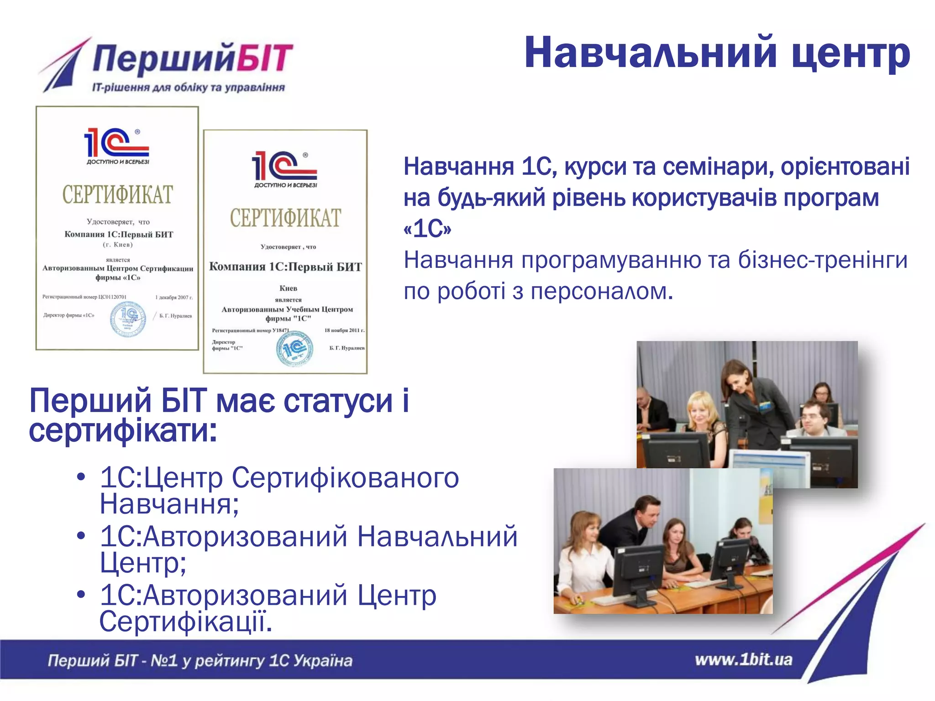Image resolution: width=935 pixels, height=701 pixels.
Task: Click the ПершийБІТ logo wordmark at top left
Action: click(x=192, y=58)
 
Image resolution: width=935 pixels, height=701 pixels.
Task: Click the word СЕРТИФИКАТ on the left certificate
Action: click(x=117, y=195)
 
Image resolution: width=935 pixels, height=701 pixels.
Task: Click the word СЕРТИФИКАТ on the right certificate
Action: click(x=285, y=218)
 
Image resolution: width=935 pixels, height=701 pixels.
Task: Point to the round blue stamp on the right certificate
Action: click(x=294, y=349)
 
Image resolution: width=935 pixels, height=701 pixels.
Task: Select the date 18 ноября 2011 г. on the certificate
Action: click(x=344, y=330)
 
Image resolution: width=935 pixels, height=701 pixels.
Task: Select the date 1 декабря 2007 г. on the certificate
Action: click(x=174, y=297)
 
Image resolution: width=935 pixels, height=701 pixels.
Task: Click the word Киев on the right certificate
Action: click(x=288, y=288)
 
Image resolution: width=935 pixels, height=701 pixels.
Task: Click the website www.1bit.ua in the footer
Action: click(x=743, y=660)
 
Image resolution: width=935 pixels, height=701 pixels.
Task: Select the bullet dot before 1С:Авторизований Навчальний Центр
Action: click(x=81, y=535)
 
